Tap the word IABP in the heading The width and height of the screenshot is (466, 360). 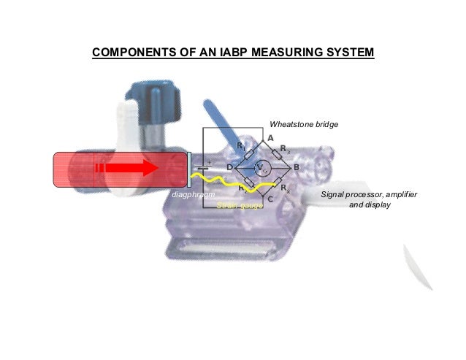(253, 53)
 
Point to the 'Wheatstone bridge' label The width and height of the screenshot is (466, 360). (304, 125)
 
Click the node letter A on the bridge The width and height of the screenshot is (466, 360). (270, 138)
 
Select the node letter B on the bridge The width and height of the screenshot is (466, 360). (296, 168)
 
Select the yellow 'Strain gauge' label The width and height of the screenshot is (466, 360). (240, 206)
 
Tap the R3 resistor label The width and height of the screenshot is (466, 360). (284, 148)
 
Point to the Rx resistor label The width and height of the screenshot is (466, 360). (286, 188)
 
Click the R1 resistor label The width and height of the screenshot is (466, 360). (241, 146)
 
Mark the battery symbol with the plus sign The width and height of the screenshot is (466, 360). (207, 166)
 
